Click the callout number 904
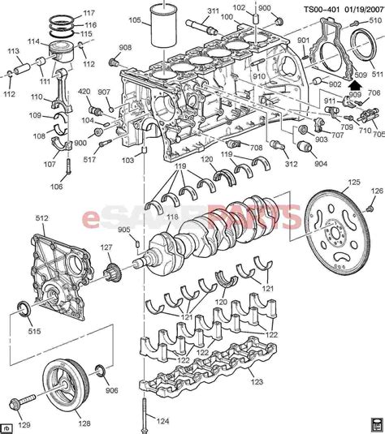coord(320,162)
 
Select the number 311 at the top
coord(213,11)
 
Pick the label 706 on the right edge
coord(374,93)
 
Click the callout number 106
coord(56,187)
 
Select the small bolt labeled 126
coord(375,190)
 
